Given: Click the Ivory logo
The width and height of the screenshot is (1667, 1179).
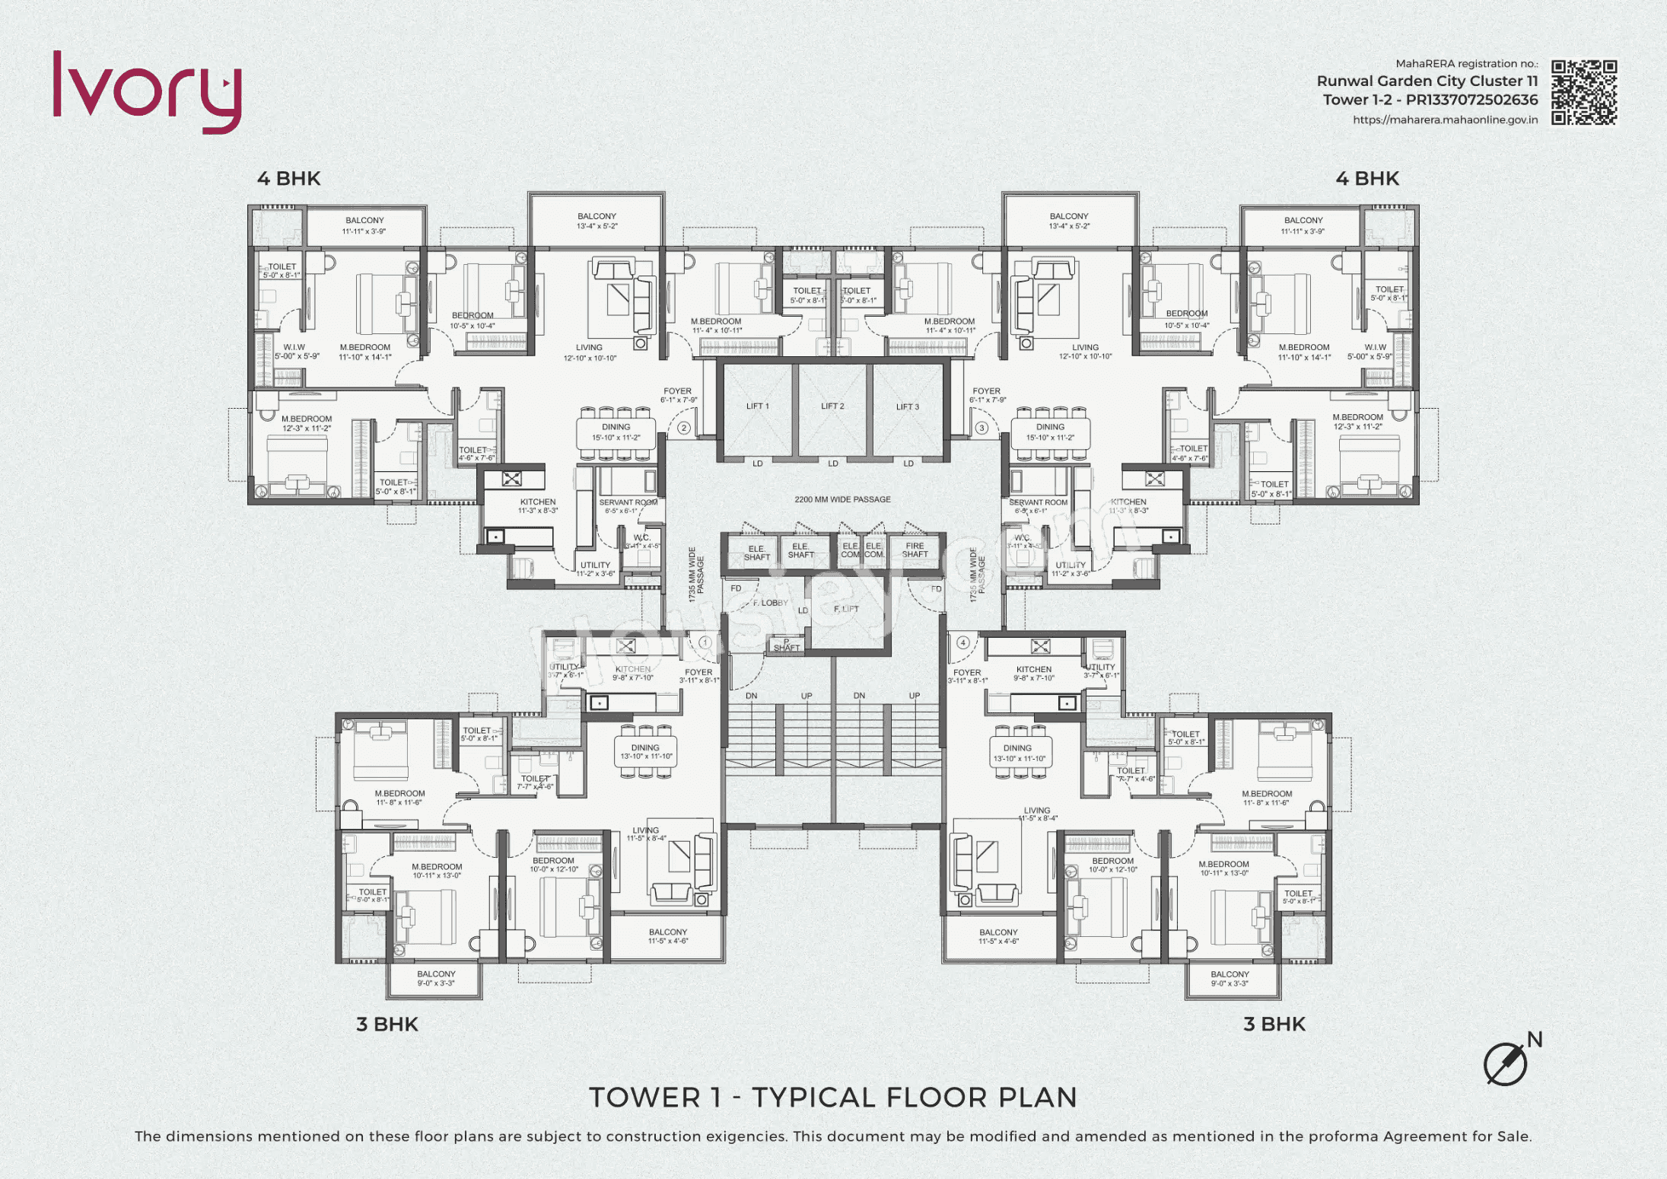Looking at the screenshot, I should click(x=147, y=91).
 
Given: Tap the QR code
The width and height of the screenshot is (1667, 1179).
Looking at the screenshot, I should click(x=1584, y=92).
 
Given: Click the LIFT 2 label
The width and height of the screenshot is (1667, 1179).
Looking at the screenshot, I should click(x=832, y=406).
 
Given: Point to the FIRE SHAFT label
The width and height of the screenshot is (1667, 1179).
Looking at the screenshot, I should click(x=915, y=550).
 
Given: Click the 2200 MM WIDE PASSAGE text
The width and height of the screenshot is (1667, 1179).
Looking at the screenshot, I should click(x=842, y=500).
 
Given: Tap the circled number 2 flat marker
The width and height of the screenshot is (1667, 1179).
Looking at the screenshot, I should click(x=683, y=428).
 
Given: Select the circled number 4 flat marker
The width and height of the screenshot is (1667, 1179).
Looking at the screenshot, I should click(x=963, y=642).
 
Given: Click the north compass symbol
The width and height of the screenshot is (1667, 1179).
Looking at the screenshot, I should click(x=1506, y=1063).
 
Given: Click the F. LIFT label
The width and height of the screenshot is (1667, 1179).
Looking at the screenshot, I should click(x=846, y=609).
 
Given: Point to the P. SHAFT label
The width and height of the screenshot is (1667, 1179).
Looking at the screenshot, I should click(x=787, y=646).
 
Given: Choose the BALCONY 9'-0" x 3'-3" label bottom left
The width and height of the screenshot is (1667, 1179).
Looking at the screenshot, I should click(x=436, y=979).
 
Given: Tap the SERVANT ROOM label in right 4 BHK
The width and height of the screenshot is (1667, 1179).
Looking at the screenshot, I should click(x=1038, y=503).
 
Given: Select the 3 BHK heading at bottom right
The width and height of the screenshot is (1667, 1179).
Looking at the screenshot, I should click(x=1274, y=1024).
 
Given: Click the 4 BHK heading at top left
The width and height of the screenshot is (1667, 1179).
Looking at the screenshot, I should click(x=289, y=179).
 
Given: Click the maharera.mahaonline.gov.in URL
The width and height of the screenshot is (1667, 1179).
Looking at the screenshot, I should click(x=1445, y=120).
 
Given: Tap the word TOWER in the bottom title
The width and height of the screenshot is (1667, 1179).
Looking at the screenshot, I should click(x=645, y=1098).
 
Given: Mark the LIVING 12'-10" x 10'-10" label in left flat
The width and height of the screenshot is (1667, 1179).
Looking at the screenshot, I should click(x=589, y=352).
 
